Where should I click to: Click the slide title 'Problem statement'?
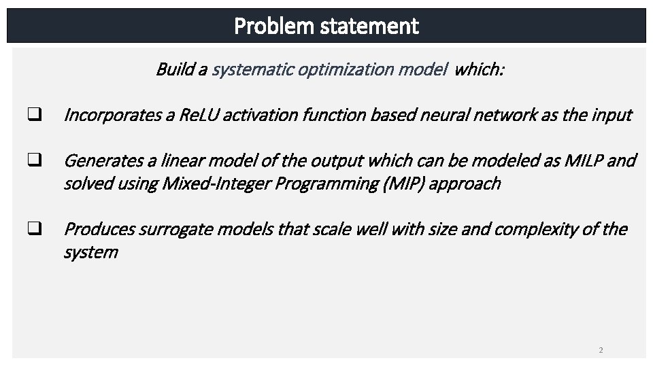coord(326,27)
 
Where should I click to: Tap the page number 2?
coord(601,350)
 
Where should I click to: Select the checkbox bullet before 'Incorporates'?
coord(32,115)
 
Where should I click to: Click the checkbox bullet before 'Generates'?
coord(32,161)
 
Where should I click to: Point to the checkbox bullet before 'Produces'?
coord(32,229)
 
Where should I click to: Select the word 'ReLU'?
coord(198,115)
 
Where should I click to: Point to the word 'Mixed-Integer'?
coord(207,183)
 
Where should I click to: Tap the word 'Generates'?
coord(99,161)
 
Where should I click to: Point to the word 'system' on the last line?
coord(90,252)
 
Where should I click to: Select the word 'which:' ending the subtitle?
coord(479,69)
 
